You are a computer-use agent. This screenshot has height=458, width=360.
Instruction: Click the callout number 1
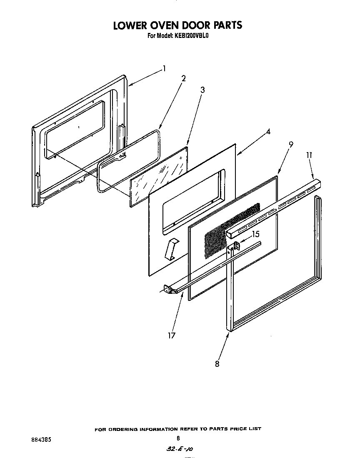[x=165, y=68]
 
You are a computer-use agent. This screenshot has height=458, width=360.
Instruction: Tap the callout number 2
[x=183, y=78]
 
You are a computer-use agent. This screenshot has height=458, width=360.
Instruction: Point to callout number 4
[x=269, y=132]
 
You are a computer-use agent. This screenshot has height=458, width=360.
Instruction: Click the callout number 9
[x=291, y=145]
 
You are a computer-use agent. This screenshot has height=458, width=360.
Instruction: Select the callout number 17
[x=172, y=335]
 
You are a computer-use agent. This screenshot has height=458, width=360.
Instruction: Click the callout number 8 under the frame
[x=217, y=363]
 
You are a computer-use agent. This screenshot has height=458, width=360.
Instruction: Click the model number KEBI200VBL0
[x=190, y=36]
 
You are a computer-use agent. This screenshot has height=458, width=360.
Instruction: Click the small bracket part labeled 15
[x=237, y=246]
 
